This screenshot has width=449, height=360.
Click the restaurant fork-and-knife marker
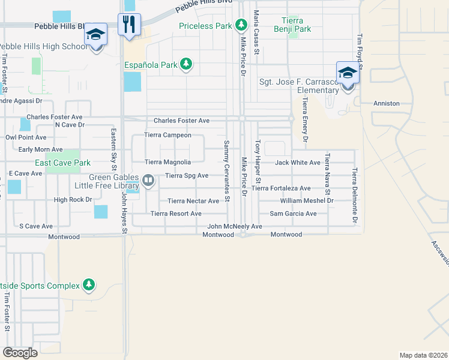[129, 25]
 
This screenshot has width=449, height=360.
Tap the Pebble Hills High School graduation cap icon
[95, 35]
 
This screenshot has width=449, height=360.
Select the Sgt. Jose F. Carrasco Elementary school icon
[348, 74]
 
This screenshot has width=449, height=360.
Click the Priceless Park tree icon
[241, 25]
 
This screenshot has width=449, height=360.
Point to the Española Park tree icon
[186, 64]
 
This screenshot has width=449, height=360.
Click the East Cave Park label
[62, 163]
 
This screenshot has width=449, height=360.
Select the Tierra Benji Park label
[292, 24]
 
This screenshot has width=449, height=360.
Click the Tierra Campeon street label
[168, 136]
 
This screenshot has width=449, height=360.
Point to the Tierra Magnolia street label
[168, 162]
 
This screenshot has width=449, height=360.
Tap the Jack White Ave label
[297, 163]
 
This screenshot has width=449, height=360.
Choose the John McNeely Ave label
[235, 226]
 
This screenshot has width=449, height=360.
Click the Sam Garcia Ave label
[293, 214]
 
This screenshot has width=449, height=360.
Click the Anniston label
[387, 103]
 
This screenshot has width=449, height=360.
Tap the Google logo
[20, 352]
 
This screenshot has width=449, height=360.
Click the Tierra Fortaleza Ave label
[281, 188]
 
